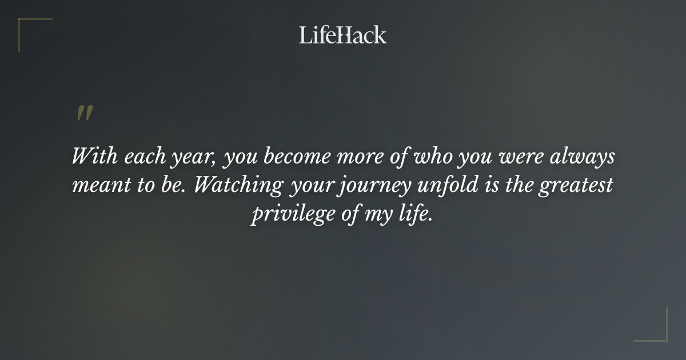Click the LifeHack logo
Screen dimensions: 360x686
click(x=342, y=35)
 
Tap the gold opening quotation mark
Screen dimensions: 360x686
click(x=84, y=113)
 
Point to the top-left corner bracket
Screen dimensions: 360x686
click(x=26, y=26)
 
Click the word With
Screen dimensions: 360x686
click(x=90, y=157)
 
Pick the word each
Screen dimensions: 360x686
click(x=138, y=157)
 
